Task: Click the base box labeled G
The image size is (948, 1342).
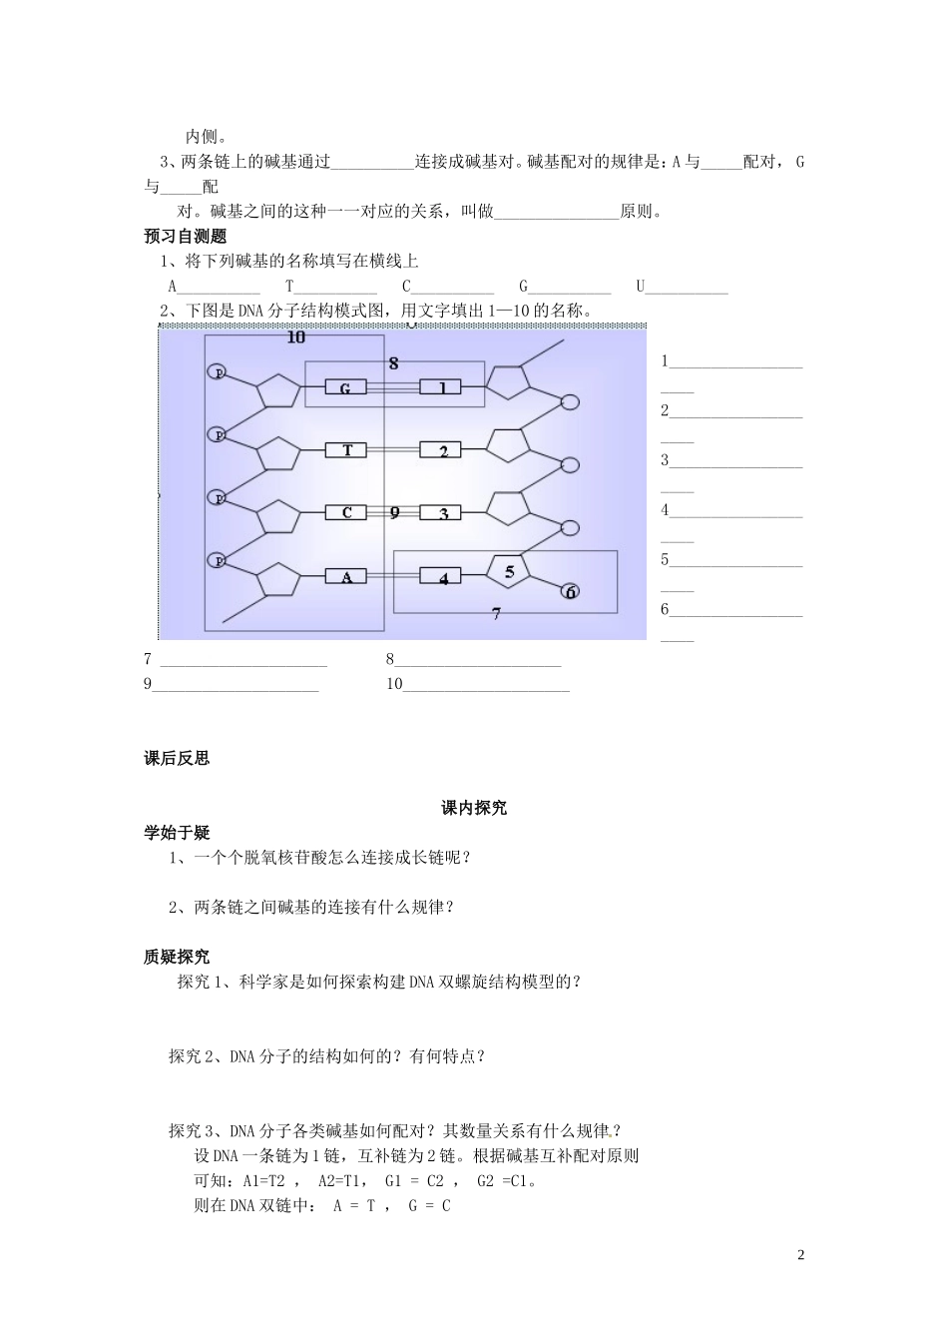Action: click(345, 388)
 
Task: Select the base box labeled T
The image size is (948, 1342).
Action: click(347, 450)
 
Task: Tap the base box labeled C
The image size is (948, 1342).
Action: click(347, 513)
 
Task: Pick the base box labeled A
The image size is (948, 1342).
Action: click(347, 576)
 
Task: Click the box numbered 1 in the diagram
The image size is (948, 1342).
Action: click(444, 388)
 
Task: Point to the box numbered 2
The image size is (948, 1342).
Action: click(444, 450)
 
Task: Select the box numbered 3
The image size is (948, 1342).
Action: click(444, 513)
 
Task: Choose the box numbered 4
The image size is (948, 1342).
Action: click(444, 577)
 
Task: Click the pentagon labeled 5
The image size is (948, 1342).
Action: click(510, 573)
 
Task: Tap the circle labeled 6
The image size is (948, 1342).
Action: click(570, 591)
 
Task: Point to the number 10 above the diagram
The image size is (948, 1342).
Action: click(295, 337)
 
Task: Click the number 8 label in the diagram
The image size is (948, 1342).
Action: click(394, 362)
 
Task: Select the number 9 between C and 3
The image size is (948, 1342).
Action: click(394, 512)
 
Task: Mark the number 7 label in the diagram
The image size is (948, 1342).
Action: click(496, 614)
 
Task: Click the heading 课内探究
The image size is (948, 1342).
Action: click(474, 808)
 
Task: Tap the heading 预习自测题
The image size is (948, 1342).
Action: click(186, 237)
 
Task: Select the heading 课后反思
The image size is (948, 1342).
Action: click(178, 758)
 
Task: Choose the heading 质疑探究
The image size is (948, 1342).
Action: click(178, 957)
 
